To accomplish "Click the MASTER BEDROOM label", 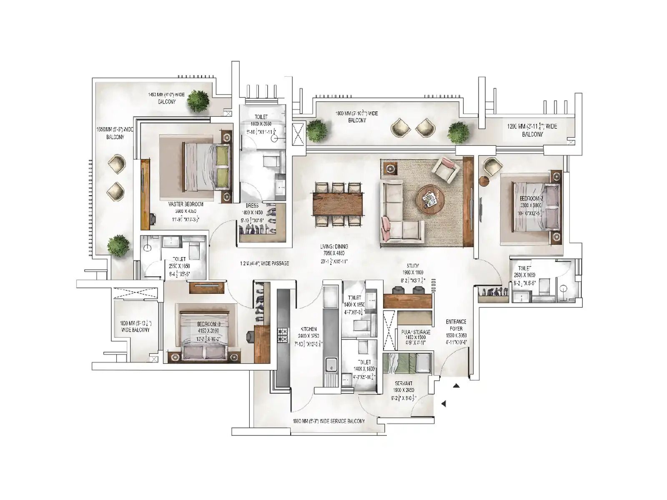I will click(186, 204).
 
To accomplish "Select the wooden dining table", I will click(338, 204).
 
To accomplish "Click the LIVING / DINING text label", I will click(334, 247).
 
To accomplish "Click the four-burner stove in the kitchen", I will click(283, 335).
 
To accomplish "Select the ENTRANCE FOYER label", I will click(456, 325).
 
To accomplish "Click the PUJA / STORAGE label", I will click(415, 332).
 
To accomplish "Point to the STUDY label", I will click(413, 265).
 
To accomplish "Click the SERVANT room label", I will click(403, 383).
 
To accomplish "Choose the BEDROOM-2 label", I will click(531, 198).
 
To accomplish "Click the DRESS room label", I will click(252, 205).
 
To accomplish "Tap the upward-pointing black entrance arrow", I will click(456, 386).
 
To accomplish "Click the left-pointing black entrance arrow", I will click(444, 403).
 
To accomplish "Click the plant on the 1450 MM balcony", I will click(197, 101).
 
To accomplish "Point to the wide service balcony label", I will click(328, 421).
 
